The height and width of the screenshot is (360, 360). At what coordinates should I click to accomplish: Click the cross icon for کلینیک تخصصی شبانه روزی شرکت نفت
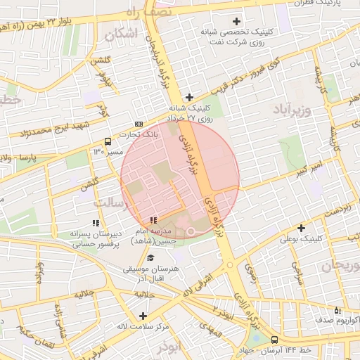pos(236,21)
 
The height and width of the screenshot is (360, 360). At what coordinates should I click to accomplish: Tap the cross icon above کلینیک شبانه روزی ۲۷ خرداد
pos(188,97)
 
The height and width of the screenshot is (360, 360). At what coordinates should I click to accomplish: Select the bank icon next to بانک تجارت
pos(138,124)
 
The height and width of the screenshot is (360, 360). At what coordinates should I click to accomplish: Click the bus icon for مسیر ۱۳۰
pos(107,141)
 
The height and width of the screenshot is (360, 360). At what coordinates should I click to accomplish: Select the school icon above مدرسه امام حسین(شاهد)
pos(154,221)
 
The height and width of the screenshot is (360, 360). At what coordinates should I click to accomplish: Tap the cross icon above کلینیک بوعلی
pos(301,228)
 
